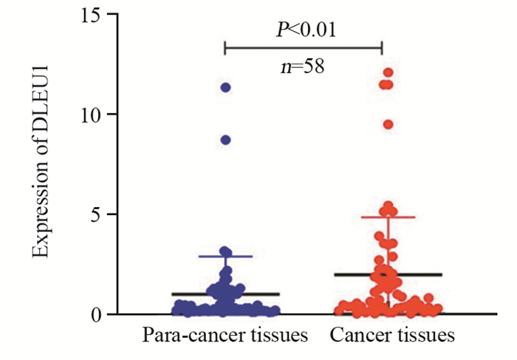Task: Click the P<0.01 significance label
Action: click(x=303, y=29)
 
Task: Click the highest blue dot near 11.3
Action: click(x=225, y=87)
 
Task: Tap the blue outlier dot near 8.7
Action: click(x=225, y=140)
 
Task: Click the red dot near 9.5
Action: click(x=388, y=124)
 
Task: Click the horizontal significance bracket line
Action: click(x=303, y=47)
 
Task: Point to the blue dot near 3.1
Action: click(x=225, y=251)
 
